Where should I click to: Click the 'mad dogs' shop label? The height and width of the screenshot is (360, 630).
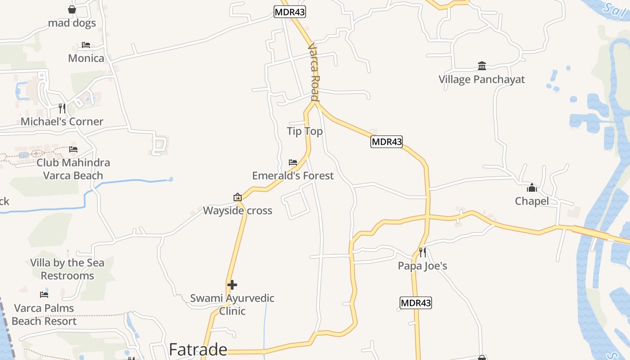(72, 22)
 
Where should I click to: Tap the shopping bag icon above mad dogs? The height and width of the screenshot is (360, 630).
(72, 9)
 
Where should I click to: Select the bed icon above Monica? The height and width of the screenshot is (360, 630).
(86, 45)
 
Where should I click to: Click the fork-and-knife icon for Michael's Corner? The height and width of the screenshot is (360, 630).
(62, 108)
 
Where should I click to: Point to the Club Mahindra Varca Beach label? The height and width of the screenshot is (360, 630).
(73, 169)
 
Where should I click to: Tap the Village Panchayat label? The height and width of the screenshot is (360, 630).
(481, 80)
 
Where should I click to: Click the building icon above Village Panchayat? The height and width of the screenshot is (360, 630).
(482, 66)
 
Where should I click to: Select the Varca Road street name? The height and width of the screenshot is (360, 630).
(314, 72)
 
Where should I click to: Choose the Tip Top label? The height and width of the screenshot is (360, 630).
(305, 131)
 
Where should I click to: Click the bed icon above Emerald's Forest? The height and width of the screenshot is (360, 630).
(293, 162)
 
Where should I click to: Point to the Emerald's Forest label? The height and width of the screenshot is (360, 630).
(293, 175)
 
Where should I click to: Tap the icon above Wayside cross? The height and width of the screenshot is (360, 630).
(238, 197)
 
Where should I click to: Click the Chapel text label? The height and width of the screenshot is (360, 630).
(531, 201)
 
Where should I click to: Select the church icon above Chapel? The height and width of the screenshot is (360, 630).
(532, 188)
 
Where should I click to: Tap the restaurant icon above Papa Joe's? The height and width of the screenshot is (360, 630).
(422, 252)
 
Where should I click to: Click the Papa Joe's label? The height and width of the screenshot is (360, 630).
(422, 266)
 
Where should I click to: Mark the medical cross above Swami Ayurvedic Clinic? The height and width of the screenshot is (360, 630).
(232, 285)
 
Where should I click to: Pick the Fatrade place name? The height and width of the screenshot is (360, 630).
(198, 350)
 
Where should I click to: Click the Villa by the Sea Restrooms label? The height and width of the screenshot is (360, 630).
(67, 269)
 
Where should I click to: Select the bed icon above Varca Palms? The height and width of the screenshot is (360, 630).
(44, 295)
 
